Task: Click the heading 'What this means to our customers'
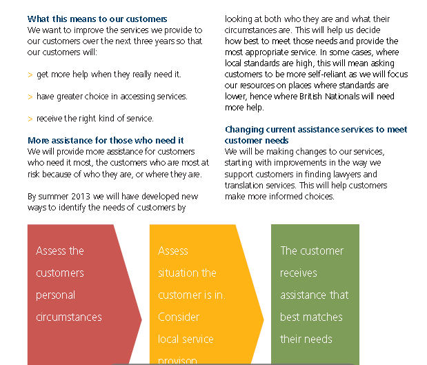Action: (97, 19)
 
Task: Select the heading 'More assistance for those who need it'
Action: (106, 140)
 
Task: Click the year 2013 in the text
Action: (81, 196)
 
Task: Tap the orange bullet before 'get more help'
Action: (30, 75)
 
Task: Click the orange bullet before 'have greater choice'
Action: (30, 97)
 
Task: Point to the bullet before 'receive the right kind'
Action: (30, 119)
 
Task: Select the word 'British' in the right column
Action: (310, 97)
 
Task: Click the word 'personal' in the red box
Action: (56, 295)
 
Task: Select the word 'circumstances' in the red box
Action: (69, 317)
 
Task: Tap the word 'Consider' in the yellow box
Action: (179, 317)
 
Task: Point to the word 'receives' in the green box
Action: (299, 273)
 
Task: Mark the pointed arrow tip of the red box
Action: (141, 319)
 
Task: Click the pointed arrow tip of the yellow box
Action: (264, 319)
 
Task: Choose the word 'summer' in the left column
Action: (53, 197)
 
